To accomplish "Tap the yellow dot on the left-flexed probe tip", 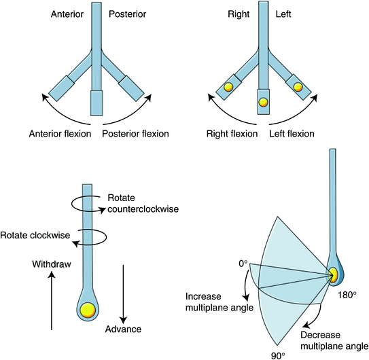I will [x=298, y=87].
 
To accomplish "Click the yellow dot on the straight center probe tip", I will [x=264, y=103].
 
